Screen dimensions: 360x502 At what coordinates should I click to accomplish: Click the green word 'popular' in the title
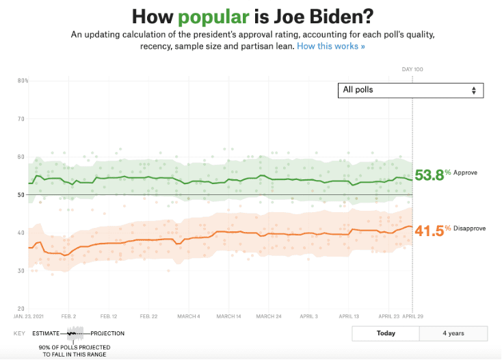tap(209, 16)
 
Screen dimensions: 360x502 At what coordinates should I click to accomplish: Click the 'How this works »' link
tap(331, 46)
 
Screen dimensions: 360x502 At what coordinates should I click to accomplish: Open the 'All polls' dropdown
tap(410, 90)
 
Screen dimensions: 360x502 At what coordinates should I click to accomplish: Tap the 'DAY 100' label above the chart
tap(412, 69)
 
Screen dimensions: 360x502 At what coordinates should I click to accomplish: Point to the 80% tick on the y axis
tap(23, 81)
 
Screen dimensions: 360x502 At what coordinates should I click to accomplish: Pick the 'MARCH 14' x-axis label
tap(229, 317)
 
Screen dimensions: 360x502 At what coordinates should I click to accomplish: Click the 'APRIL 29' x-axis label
tap(412, 317)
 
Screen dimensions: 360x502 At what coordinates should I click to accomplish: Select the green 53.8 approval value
tap(429, 175)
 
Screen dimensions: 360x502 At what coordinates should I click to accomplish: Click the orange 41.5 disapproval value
tap(429, 231)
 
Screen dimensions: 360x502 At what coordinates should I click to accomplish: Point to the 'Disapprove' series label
tap(469, 229)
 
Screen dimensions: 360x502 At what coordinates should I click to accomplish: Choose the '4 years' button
tap(453, 333)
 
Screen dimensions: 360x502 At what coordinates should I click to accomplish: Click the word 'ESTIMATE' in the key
tap(45, 333)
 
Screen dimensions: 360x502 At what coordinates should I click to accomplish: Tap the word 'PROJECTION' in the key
tap(107, 333)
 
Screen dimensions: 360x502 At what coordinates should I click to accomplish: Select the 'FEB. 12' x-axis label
tap(109, 317)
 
